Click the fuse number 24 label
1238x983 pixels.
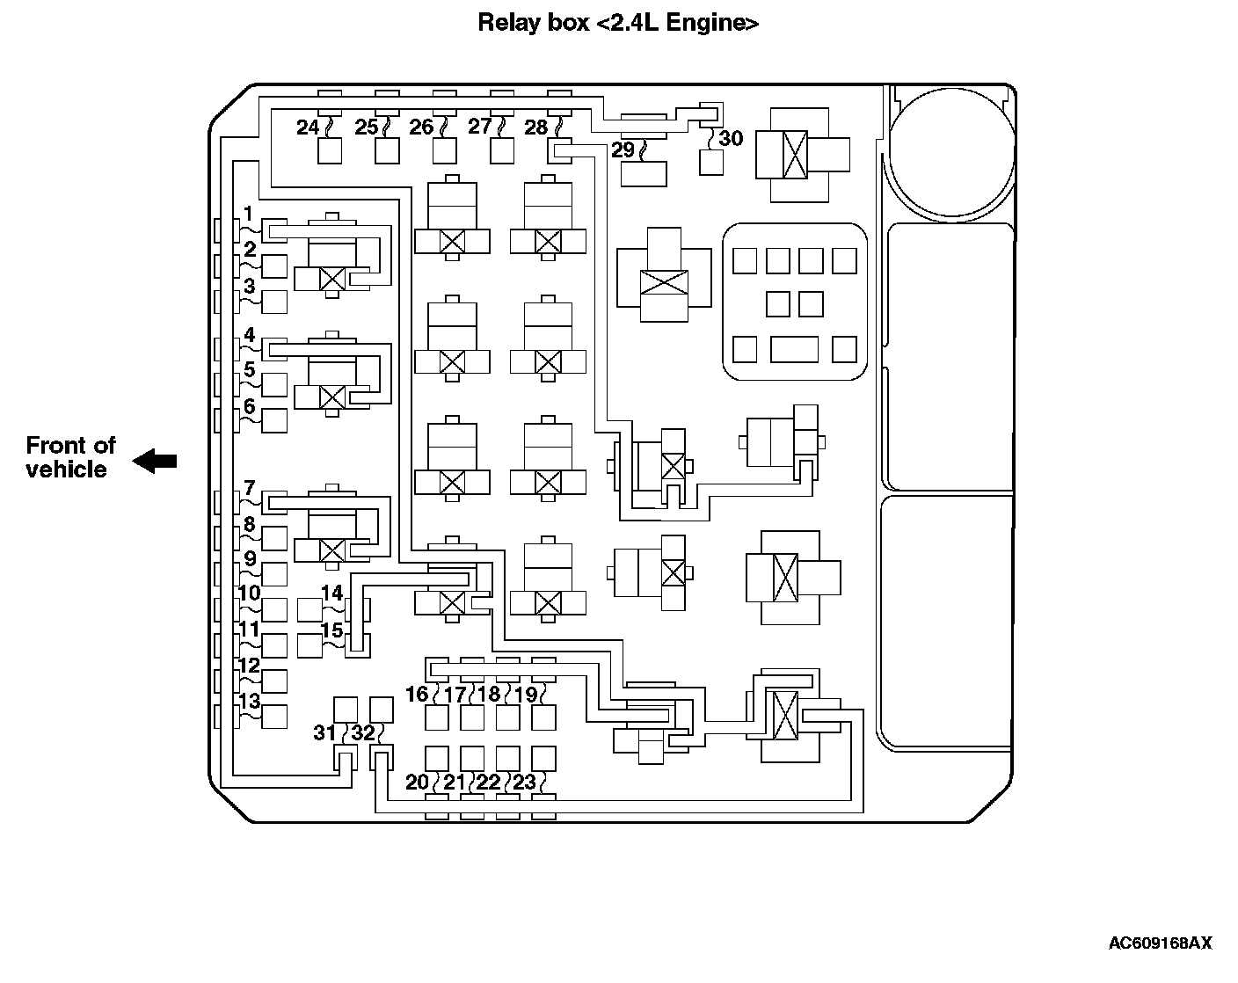(307, 127)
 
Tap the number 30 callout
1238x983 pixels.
(731, 138)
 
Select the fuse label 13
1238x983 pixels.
(250, 701)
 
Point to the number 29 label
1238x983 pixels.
(623, 149)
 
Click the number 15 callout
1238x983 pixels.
(331, 630)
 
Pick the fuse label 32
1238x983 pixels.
(362, 732)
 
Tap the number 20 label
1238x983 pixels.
(417, 782)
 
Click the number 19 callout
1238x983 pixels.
(525, 695)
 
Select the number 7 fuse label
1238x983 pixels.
(250, 487)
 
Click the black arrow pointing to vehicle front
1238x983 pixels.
(155, 460)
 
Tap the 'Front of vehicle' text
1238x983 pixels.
(70, 457)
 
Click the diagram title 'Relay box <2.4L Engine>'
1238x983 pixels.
(618, 23)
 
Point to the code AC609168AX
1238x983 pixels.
(1160, 943)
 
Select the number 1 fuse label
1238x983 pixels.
(249, 214)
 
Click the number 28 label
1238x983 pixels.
(535, 127)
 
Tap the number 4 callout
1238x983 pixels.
(250, 335)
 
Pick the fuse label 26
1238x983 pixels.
(421, 127)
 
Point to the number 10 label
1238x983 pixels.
(250, 593)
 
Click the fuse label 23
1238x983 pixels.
(524, 782)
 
